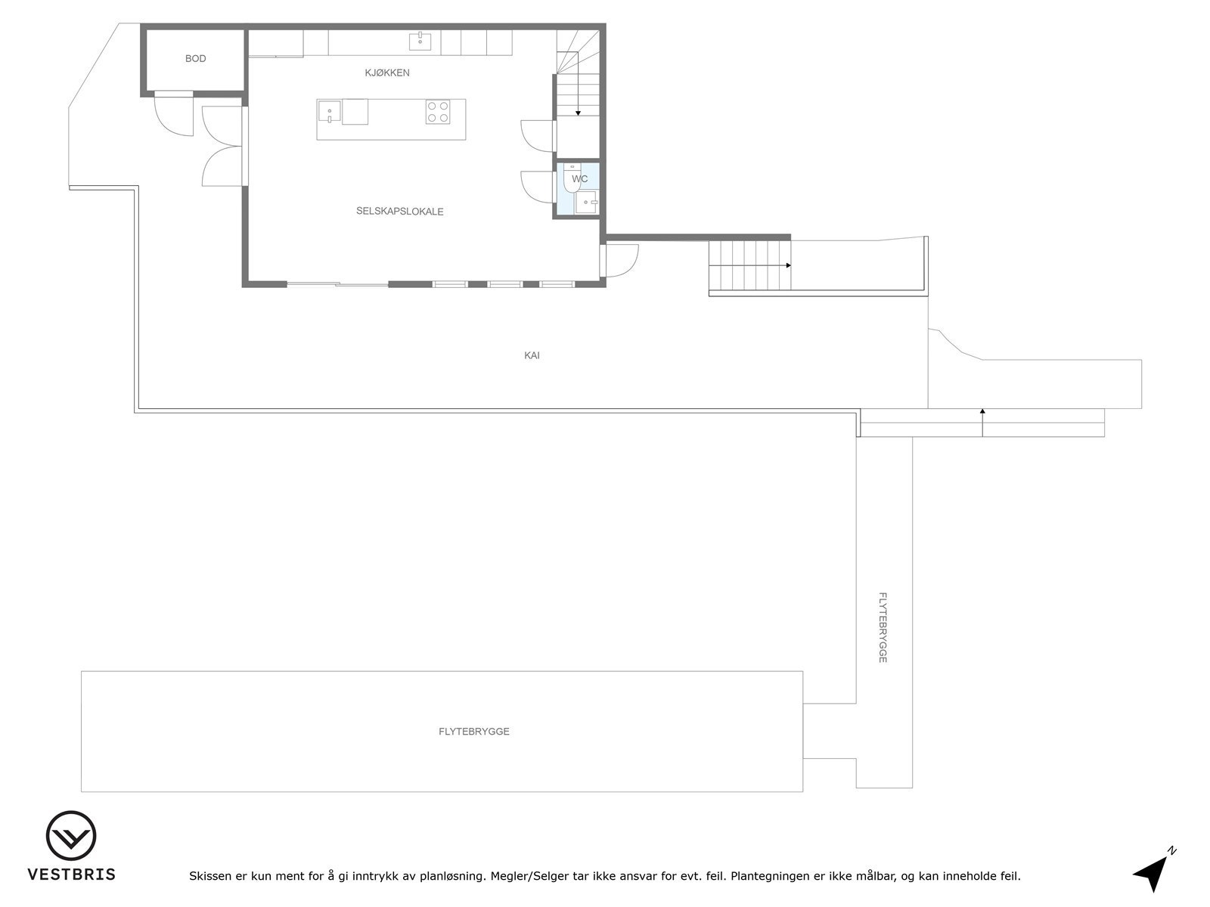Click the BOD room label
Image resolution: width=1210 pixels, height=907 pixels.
click(195, 59)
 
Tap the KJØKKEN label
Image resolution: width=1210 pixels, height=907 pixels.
click(387, 73)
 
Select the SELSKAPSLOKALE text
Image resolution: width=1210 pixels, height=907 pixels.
click(399, 212)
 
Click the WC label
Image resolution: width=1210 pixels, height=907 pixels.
click(580, 179)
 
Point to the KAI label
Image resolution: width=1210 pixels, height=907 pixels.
click(532, 355)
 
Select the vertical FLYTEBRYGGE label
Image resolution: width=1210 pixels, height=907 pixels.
click(883, 627)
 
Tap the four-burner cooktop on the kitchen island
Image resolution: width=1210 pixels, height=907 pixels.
click(438, 112)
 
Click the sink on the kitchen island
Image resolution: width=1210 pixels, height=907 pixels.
click(329, 112)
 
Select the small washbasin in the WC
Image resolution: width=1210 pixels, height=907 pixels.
click(587, 203)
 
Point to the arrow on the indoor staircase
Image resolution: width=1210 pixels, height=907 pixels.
click(578, 113)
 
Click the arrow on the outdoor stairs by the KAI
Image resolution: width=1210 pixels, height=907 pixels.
click(788, 265)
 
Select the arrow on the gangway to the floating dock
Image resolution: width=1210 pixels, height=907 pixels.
click(982, 411)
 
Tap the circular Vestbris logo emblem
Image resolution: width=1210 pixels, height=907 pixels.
click(71, 836)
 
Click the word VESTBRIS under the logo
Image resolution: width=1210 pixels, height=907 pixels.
click(72, 874)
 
